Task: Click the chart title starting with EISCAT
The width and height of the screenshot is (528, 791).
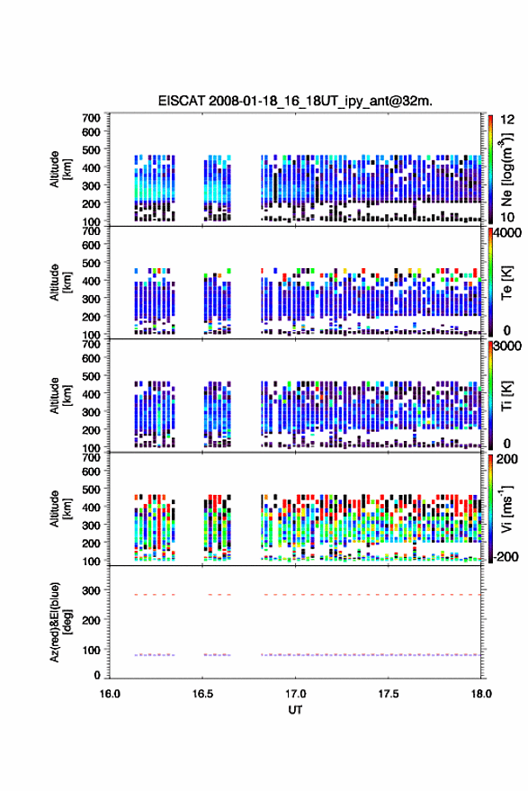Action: (295, 101)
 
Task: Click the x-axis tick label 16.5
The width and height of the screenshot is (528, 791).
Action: (202, 694)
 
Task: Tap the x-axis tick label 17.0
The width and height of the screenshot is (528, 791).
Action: (295, 694)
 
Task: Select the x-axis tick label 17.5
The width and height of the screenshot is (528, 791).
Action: (389, 694)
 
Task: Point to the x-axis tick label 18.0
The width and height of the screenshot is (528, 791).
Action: (481, 694)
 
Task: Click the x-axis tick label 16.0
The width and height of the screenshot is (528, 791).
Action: (110, 694)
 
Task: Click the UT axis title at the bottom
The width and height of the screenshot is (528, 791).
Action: (295, 710)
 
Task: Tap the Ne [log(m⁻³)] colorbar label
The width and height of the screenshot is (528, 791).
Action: (506, 169)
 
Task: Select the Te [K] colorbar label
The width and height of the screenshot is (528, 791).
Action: (506, 283)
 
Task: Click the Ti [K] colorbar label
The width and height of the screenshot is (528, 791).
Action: (506, 396)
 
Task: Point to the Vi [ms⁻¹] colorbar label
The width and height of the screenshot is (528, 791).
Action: (506, 508)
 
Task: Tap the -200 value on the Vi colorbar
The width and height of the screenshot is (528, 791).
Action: (506, 556)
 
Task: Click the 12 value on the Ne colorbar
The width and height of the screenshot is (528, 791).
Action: (507, 120)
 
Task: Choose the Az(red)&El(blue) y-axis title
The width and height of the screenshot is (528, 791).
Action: (61, 622)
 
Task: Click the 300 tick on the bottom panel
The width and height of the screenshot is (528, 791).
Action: (91, 590)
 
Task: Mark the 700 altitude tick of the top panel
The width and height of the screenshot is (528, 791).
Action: (91, 118)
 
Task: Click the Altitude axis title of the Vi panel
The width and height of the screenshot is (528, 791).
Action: (61, 508)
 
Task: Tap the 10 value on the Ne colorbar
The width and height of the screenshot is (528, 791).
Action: (507, 217)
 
